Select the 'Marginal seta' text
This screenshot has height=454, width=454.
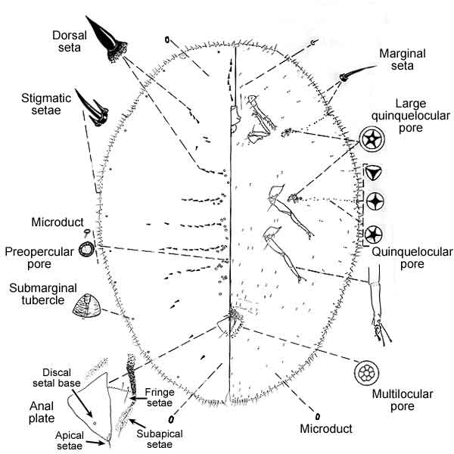point(407,57)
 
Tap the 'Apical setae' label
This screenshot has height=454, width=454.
point(61,441)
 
